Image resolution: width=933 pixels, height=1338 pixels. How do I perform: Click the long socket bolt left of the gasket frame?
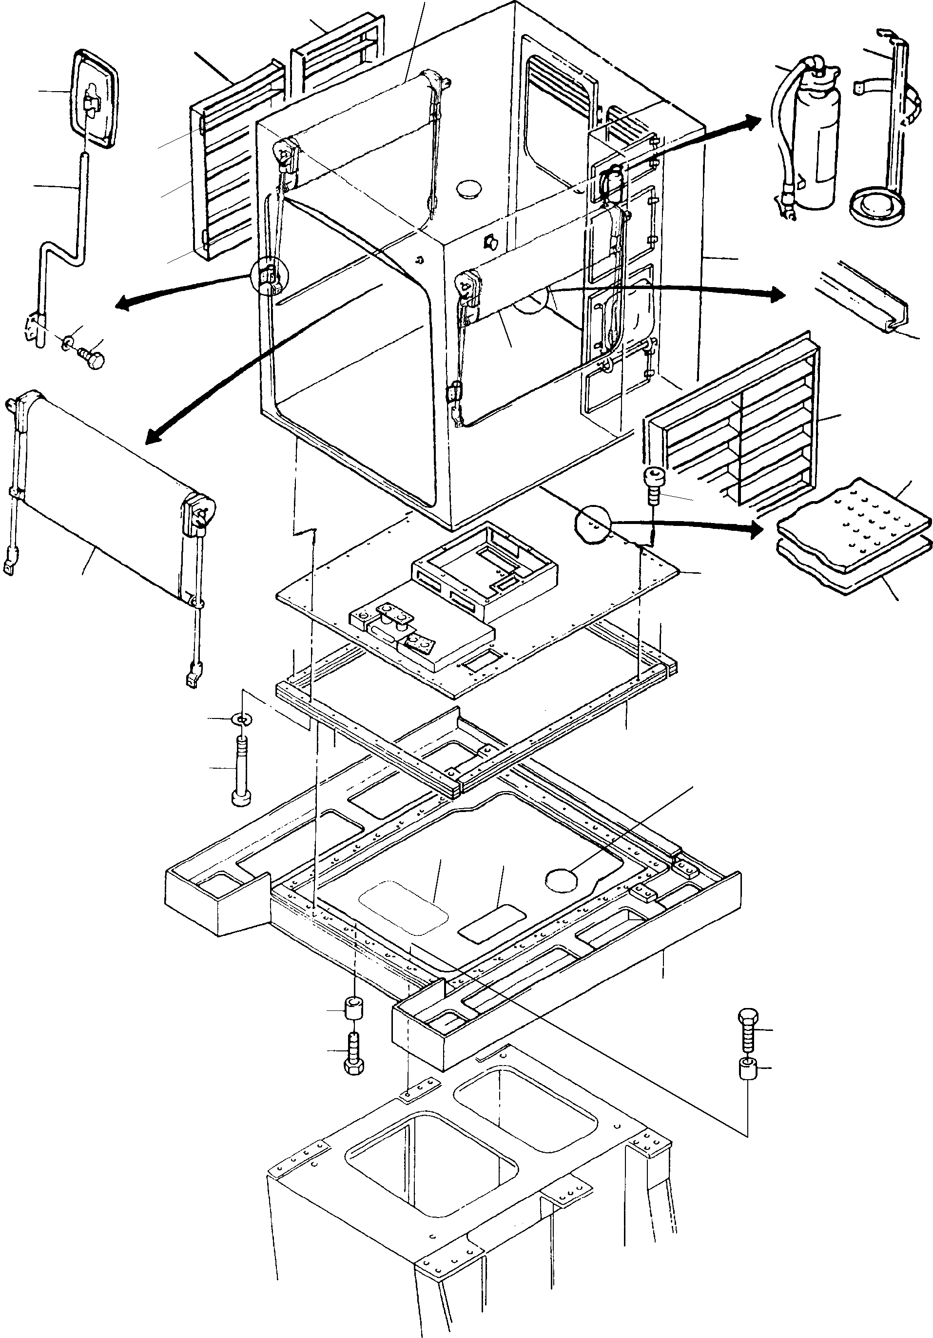point(241,769)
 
